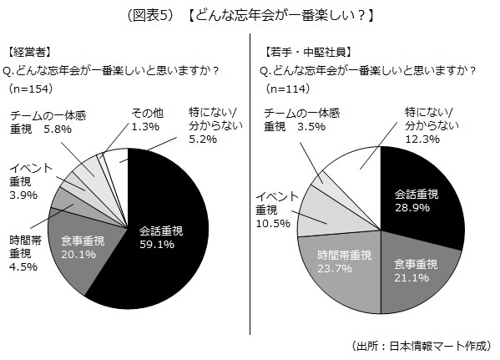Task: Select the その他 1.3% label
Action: [148, 121]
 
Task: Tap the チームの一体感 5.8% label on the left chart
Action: [49, 123]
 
